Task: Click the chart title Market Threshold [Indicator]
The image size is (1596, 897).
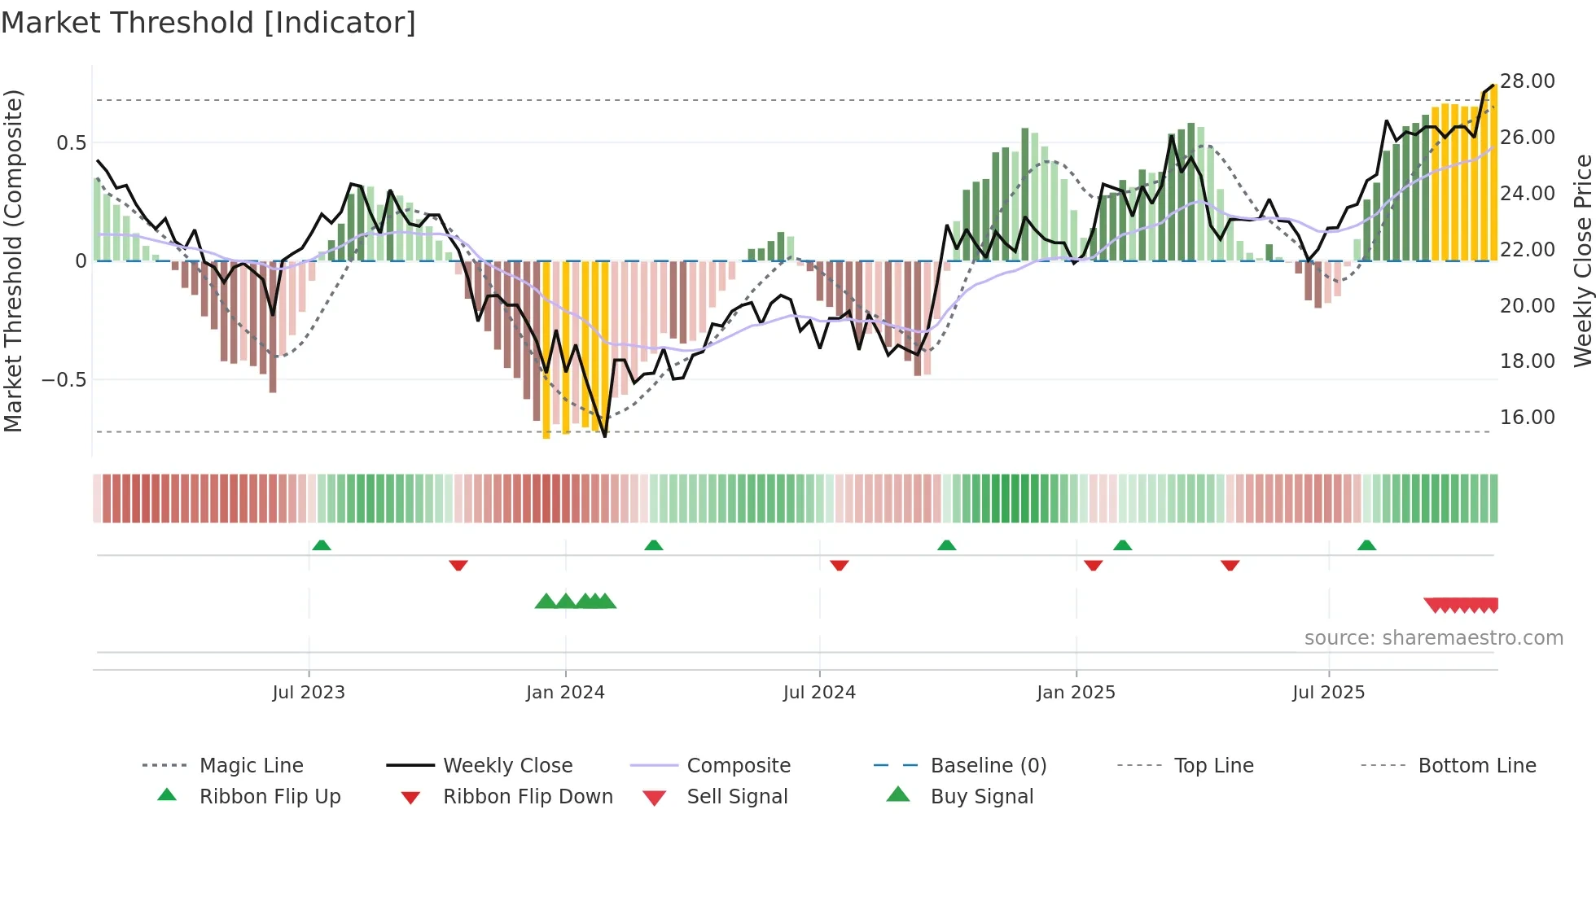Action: point(208,23)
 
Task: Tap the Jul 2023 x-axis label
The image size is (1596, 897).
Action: point(309,693)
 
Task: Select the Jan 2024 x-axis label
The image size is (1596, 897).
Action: point(565,693)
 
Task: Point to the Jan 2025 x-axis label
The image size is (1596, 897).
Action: point(1076,693)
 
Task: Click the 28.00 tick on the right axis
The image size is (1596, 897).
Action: point(1528,81)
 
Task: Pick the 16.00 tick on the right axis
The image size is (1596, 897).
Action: point(1528,418)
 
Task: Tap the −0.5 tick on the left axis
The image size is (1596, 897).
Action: point(64,380)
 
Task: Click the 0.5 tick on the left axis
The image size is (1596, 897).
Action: point(71,143)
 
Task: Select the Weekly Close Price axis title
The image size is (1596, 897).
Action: point(1582,260)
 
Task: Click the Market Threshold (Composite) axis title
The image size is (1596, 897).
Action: point(13,260)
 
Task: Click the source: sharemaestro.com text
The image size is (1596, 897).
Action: point(1433,638)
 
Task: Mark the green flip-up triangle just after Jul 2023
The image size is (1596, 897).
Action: point(322,545)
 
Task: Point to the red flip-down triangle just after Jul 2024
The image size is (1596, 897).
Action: point(840,565)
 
